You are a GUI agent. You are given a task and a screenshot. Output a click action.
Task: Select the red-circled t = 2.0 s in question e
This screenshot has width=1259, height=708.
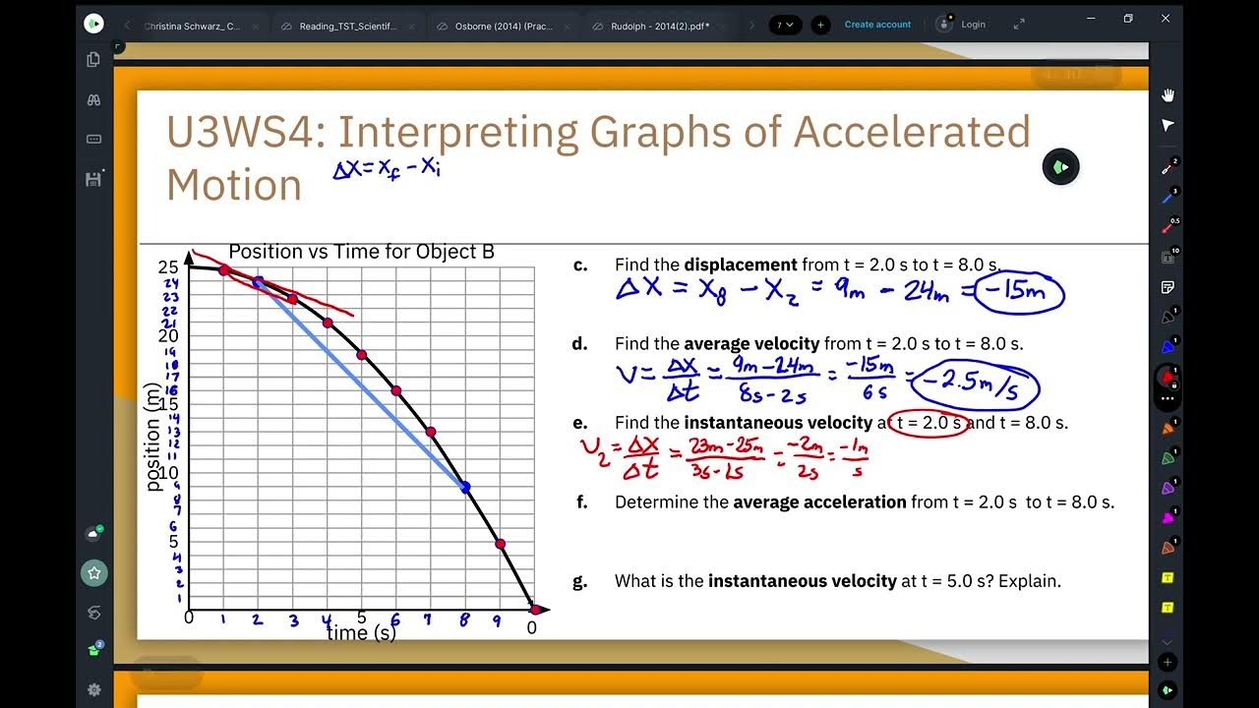(928, 423)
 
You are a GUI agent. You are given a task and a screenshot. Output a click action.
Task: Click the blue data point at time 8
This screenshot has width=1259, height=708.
(465, 487)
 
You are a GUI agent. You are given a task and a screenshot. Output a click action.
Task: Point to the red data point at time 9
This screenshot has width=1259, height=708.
(500, 544)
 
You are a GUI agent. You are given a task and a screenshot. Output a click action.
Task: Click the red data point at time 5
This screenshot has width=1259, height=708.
(362, 354)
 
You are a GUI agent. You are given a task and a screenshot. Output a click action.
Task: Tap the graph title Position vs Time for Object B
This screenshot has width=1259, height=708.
(361, 252)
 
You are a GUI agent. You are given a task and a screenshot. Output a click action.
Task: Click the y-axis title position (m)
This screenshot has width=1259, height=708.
(152, 437)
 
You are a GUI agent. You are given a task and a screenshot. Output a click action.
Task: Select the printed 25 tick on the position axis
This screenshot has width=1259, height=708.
(168, 267)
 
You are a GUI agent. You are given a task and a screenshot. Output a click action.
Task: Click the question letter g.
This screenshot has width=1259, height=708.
(579, 581)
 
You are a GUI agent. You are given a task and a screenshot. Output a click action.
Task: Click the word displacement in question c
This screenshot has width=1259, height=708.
(741, 265)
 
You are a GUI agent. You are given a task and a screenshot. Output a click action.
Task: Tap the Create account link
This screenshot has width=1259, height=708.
(877, 25)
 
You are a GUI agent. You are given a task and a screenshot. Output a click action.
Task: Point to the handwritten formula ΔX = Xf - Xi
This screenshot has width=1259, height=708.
(386, 168)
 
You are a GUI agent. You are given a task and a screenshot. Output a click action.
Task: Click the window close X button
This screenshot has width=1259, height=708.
(1165, 19)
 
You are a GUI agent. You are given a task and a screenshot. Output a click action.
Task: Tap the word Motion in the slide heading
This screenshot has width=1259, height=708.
(234, 185)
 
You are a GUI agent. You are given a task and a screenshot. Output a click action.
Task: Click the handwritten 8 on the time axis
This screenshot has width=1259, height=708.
(464, 621)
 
